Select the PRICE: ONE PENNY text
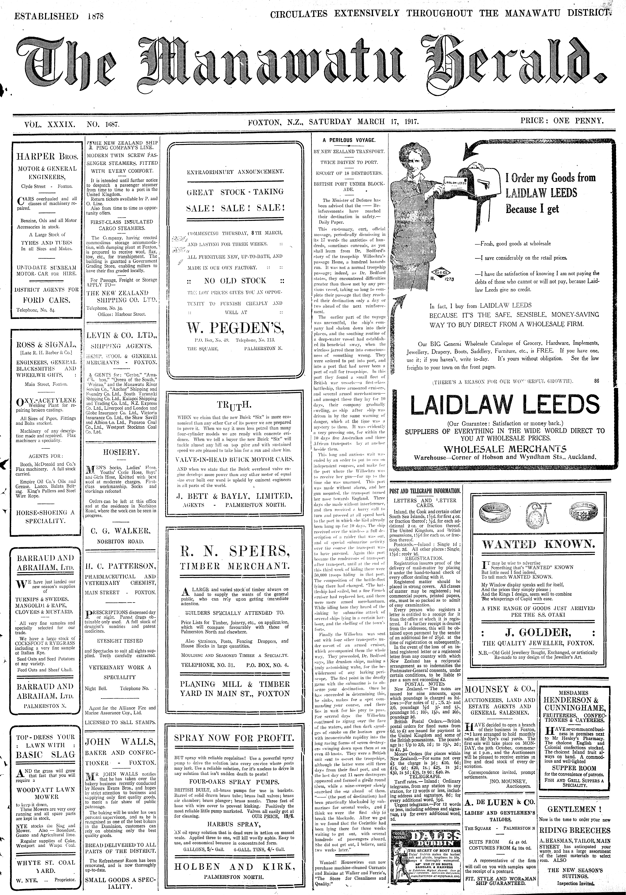[562, 120]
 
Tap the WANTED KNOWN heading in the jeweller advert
[538, 545]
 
